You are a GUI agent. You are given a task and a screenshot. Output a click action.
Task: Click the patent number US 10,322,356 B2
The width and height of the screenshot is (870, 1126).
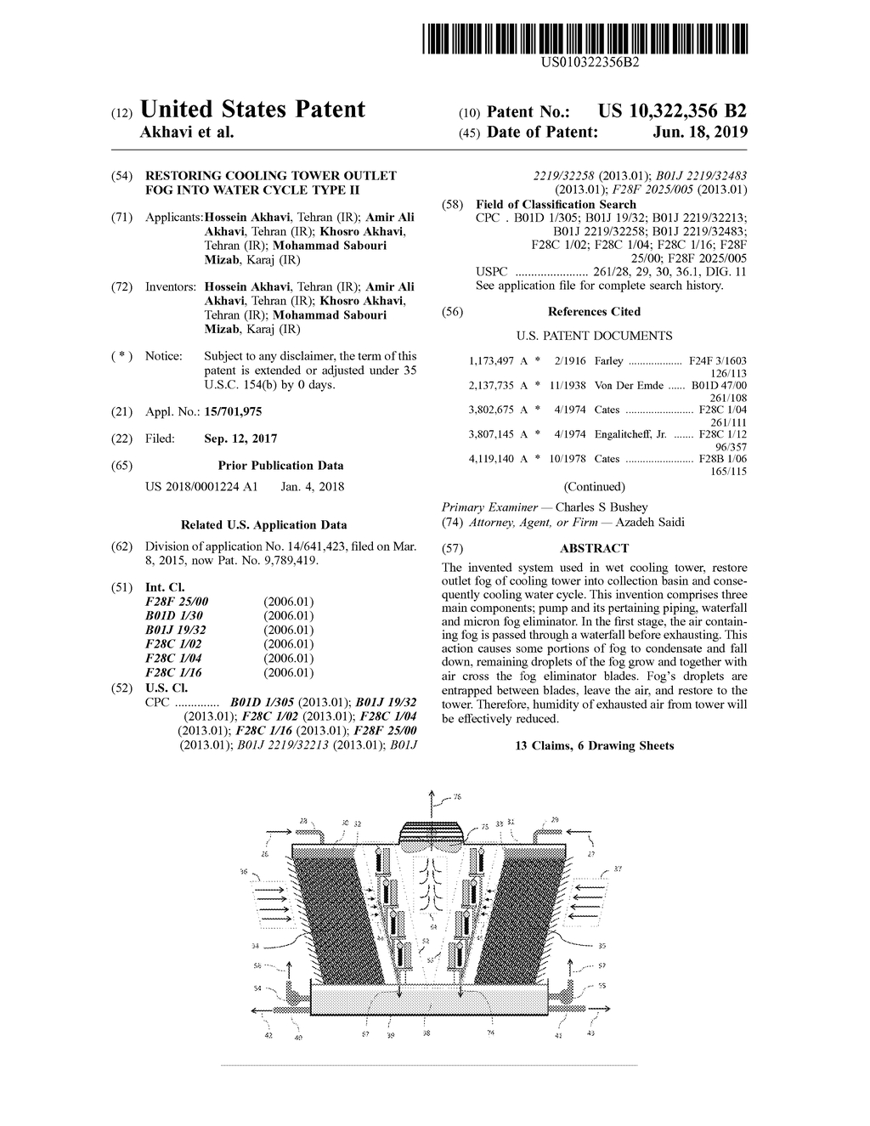point(672,111)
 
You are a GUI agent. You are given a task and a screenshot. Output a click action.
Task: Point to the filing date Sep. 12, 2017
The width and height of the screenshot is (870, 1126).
point(240,439)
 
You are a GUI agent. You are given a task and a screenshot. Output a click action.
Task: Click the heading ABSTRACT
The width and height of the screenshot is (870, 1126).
point(594,548)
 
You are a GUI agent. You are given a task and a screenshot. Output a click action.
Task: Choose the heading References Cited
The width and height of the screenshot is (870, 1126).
point(594,312)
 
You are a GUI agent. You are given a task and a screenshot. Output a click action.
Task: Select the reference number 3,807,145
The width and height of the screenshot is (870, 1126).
point(492,433)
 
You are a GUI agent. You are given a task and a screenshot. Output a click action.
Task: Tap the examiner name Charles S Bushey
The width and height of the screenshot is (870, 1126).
point(601,507)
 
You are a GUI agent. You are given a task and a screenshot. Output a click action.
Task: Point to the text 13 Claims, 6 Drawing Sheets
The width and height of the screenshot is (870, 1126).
point(594,745)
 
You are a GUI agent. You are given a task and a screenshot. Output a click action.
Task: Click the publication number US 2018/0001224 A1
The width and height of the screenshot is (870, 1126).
point(201,487)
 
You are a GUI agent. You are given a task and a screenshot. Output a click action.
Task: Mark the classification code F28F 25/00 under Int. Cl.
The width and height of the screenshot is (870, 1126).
point(177,602)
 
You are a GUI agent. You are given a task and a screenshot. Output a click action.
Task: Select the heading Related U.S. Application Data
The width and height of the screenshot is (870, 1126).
point(263,524)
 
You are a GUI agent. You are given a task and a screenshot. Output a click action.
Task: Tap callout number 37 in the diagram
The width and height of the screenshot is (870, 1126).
point(618,869)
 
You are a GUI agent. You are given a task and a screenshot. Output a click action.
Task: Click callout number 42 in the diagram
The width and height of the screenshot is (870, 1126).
point(268,1036)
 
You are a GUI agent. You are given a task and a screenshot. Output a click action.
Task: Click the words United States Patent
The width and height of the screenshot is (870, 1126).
point(252,110)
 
